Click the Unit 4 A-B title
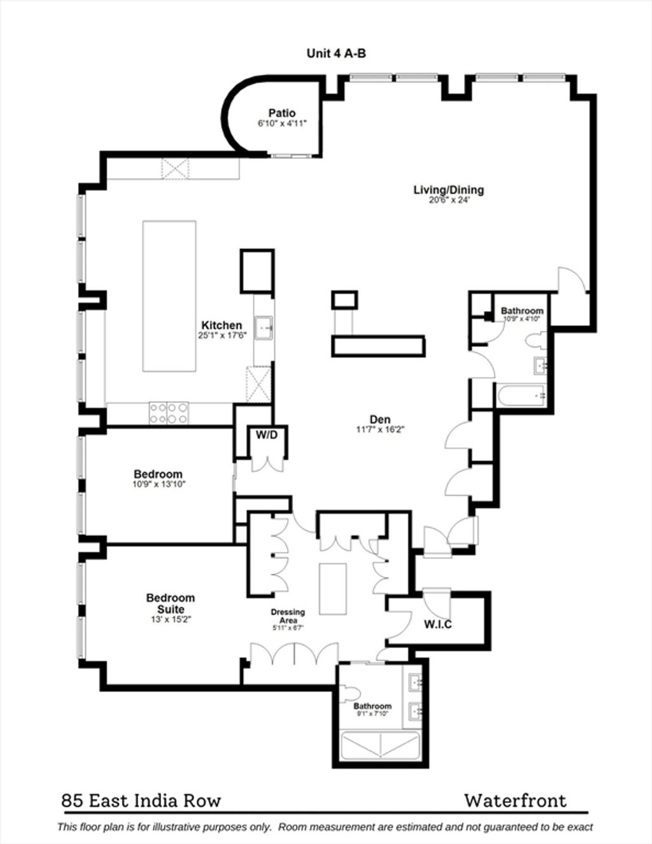[336, 53]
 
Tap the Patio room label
[282, 113]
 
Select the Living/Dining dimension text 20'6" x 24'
[448, 200]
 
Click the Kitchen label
[222, 325]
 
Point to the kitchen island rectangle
[169, 297]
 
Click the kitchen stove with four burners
[169, 413]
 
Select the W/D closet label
[267, 435]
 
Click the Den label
[380, 419]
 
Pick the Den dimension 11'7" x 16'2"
[380, 430]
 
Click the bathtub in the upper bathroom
[521, 395]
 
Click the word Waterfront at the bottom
[516, 798]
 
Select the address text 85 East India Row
[141, 798]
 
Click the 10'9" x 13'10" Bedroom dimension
[159, 484]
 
